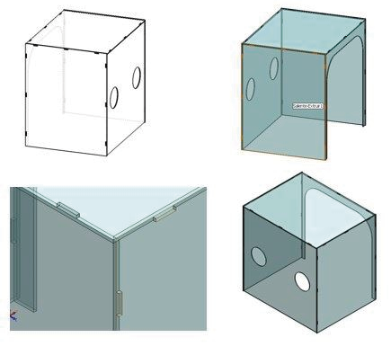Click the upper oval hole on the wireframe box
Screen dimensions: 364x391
point(137,77)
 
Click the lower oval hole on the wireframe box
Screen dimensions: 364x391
point(116,95)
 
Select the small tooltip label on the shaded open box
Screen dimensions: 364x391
point(308,105)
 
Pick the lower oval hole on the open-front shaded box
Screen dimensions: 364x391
point(251,88)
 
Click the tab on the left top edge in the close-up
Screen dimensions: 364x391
point(67,209)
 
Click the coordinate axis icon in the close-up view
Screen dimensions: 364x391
point(13,315)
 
